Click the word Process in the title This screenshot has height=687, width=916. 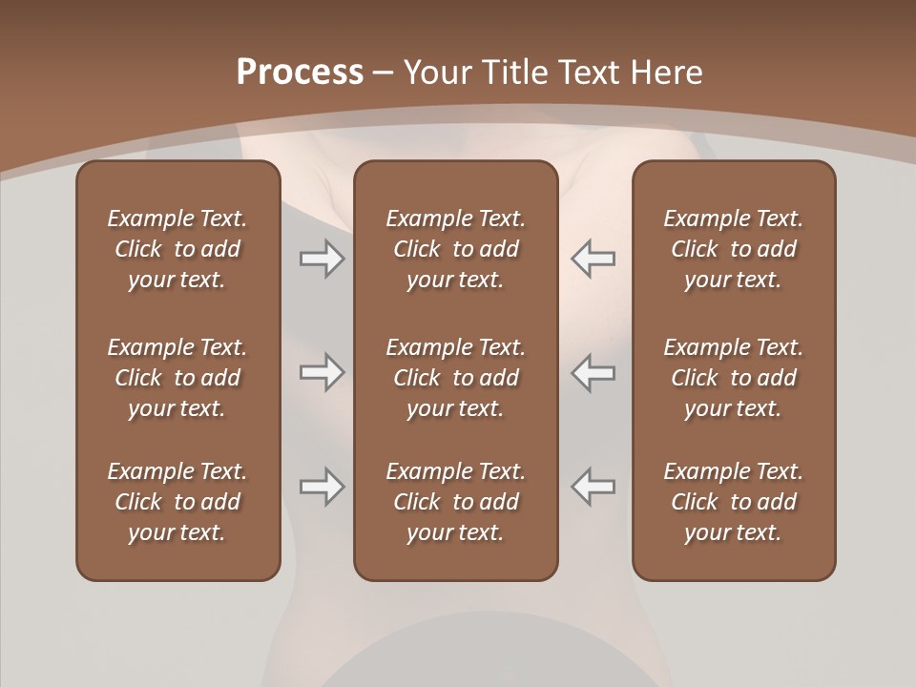point(300,73)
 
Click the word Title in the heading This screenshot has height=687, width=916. point(513,73)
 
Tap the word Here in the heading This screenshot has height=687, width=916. point(667,73)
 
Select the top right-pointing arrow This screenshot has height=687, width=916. point(322,259)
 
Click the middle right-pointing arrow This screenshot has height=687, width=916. point(322,372)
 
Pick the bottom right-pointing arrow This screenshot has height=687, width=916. point(322,487)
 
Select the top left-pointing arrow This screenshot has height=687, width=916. point(593,259)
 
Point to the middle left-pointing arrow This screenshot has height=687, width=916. point(593,372)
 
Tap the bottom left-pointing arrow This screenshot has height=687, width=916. point(593,487)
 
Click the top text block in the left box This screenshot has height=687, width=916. point(177,249)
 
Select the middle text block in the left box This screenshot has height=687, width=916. point(177,378)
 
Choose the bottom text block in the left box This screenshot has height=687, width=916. point(177,502)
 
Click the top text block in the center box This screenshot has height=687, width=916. point(455,249)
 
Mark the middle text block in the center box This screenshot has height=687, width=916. point(455,378)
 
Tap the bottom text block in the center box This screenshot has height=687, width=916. point(455,502)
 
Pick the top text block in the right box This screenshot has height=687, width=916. point(733,249)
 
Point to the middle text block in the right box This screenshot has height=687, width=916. point(733,378)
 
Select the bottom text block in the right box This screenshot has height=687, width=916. point(733,502)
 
